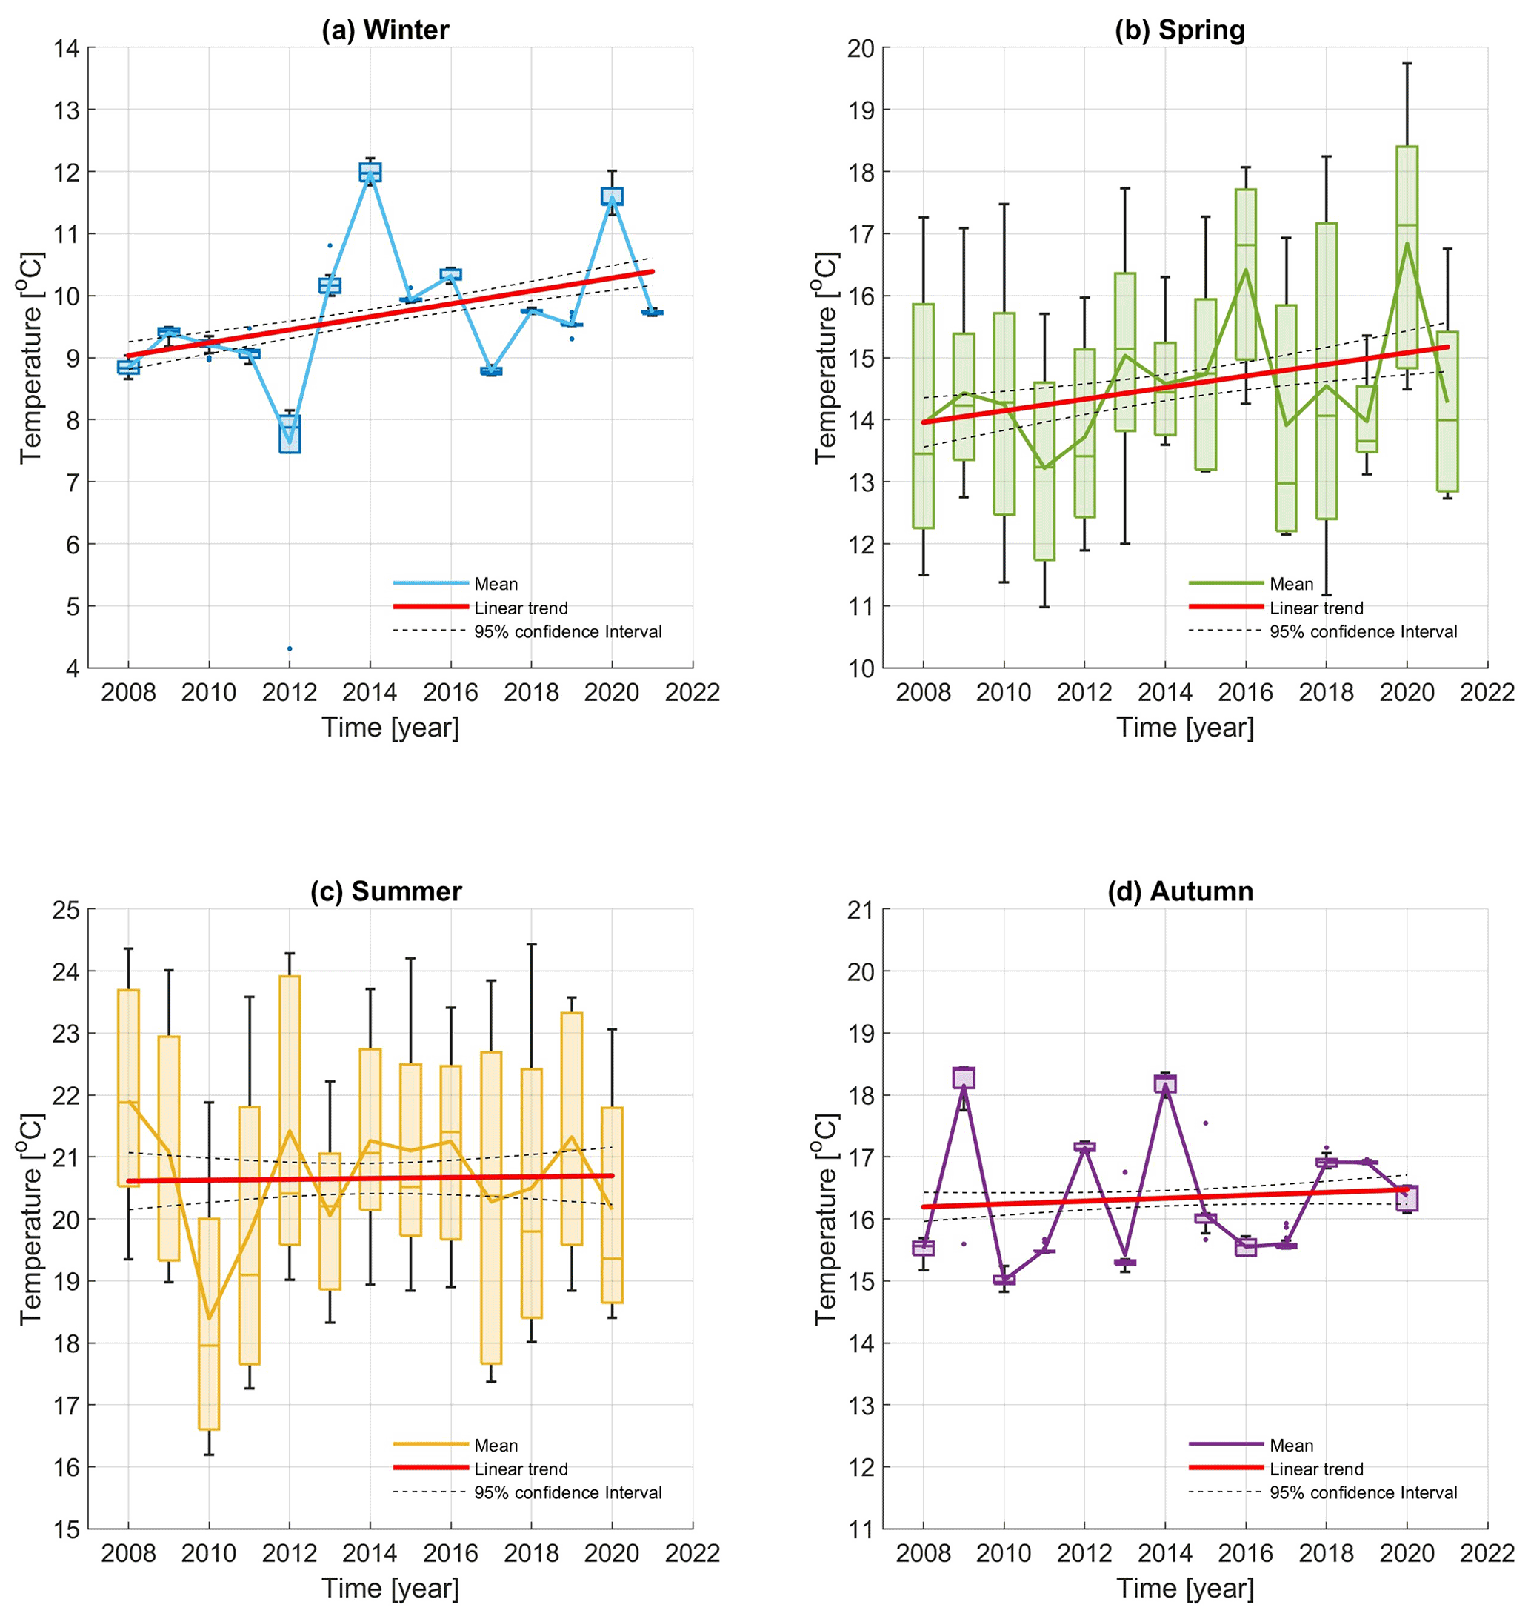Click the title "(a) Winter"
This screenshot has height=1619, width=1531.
pyautogui.click(x=385, y=30)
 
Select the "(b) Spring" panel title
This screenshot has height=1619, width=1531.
pyautogui.click(x=1180, y=30)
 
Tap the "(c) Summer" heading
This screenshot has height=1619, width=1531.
pyautogui.click(x=385, y=891)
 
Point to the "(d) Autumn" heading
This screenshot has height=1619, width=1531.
pyautogui.click(x=1180, y=891)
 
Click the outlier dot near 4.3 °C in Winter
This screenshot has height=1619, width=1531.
pyautogui.click(x=290, y=648)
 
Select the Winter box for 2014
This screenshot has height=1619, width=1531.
pyautogui.click(x=370, y=172)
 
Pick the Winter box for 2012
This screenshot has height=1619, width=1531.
pyautogui.click(x=290, y=434)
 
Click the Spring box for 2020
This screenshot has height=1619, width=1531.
pyautogui.click(x=1407, y=257)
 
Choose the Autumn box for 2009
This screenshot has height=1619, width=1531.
pyautogui.click(x=964, y=1077)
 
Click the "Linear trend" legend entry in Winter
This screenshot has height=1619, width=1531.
pyautogui.click(x=521, y=608)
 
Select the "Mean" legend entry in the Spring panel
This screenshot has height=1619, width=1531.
pyautogui.click(x=1291, y=584)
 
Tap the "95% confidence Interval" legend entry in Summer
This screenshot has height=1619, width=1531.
pyautogui.click(x=567, y=1492)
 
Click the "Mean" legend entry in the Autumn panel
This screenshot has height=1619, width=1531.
pyautogui.click(x=1291, y=1445)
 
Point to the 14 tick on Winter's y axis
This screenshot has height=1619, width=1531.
pyautogui.click(x=67, y=48)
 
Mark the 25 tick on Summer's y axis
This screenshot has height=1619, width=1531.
pyautogui.click(x=67, y=909)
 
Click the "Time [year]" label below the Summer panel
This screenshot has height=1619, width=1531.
pyautogui.click(x=390, y=1588)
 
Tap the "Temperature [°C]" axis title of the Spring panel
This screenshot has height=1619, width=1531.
pyautogui.click(x=826, y=358)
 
